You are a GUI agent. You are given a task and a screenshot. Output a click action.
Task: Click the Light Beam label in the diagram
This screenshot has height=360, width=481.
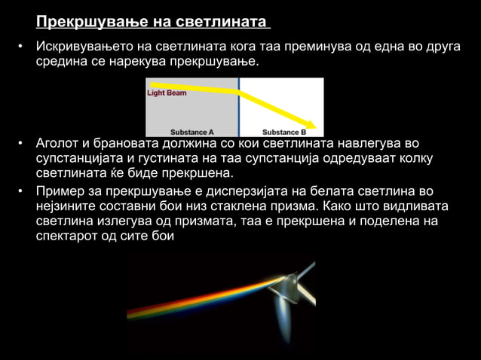click(167, 93)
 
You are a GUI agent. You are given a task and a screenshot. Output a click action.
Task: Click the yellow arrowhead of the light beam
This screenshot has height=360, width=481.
click(309, 123)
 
